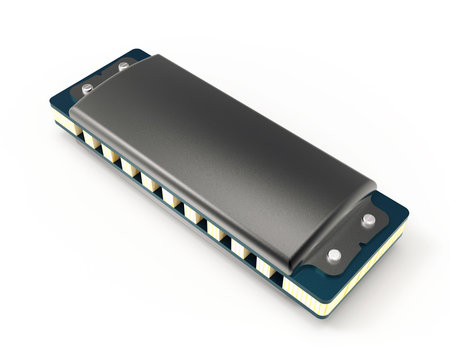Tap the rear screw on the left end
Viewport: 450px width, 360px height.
point(123,67)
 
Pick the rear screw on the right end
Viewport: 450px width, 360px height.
point(369,219)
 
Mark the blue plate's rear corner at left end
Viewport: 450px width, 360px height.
point(130,50)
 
